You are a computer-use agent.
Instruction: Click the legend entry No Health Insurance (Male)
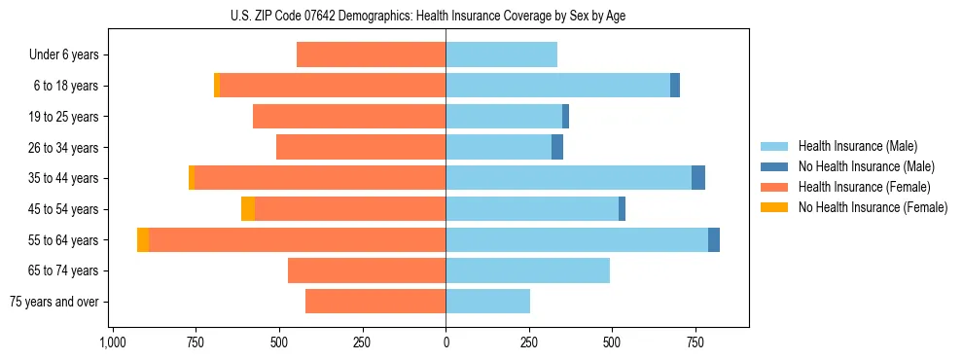866,166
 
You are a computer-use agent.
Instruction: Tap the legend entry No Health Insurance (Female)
873,207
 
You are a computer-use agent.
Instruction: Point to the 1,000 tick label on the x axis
113,342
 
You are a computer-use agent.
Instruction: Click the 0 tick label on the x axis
446,342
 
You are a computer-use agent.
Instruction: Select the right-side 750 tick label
695,342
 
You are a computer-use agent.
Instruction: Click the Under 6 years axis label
64,55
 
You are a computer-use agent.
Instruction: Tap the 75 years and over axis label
53,302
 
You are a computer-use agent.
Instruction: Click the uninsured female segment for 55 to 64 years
143,240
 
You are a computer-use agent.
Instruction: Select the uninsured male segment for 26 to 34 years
557,148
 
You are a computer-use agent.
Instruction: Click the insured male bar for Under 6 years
502,55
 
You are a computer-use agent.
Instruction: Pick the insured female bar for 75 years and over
375,302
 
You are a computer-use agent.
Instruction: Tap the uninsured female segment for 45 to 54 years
248,209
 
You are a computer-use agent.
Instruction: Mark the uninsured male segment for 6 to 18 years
675,86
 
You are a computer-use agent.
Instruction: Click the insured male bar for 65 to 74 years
528,270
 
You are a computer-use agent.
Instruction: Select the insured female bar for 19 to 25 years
349,117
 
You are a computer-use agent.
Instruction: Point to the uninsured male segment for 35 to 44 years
698,178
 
